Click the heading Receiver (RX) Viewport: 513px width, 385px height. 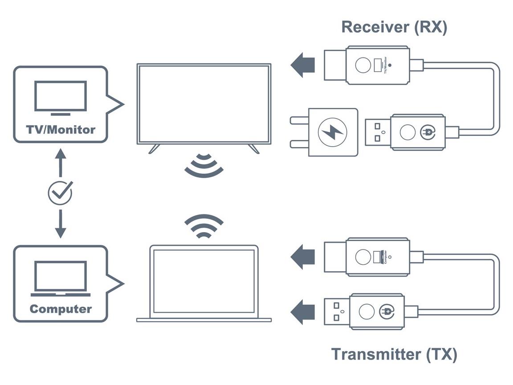click(x=394, y=27)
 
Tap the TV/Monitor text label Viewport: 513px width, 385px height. click(x=61, y=130)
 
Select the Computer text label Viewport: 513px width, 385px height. click(x=61, y=308)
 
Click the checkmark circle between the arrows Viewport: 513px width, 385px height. click(x=60, y=192)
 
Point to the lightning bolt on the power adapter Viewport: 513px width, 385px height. click(x=332, y=132)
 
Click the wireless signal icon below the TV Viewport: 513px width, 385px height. click(x=204, y=166)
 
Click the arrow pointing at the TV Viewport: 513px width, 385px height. click(x=303, y=65)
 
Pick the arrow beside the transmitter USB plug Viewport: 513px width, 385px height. click(x=303, y=312)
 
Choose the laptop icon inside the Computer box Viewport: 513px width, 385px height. click(x=61, y=279)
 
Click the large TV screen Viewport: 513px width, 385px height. click(x=204, y=104)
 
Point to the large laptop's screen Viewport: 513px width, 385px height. click(x=204, y=281)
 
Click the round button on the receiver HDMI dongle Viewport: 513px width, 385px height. click(x=363, y=66)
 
